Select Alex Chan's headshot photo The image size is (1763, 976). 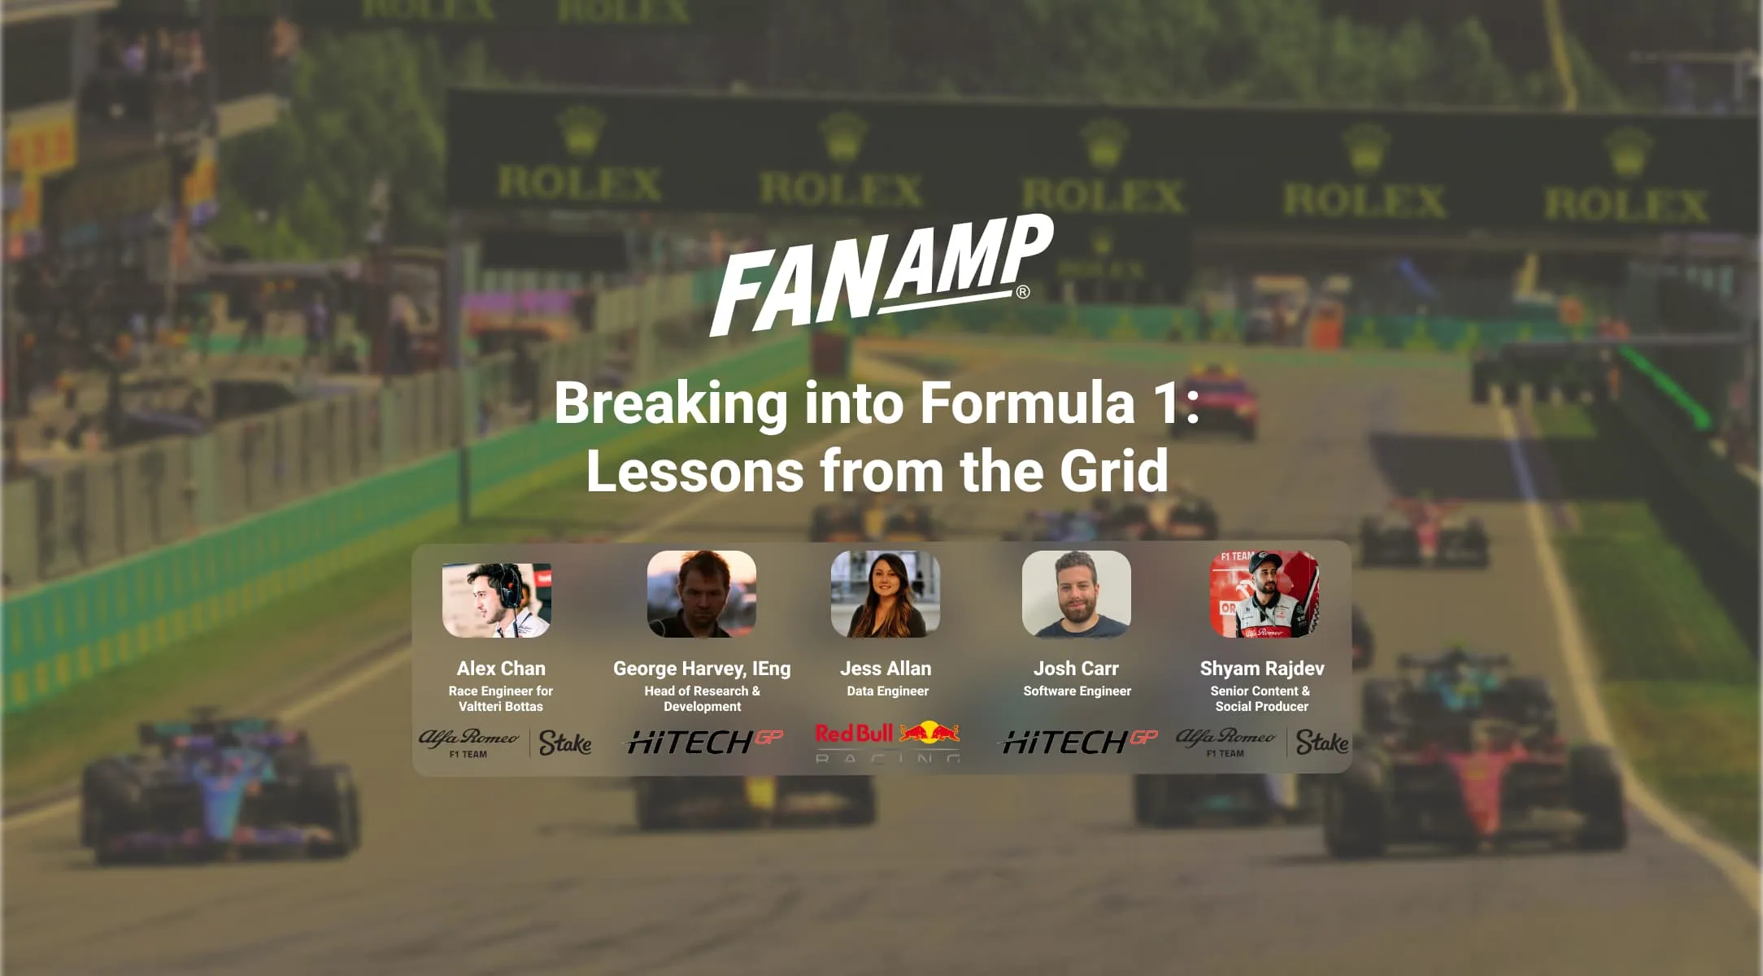(x=497, y=599)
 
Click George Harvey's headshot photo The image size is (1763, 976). (x=701, y=594)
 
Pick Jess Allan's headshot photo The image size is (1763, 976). (x=885, y=594)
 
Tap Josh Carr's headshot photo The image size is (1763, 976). (x=1076, y=594)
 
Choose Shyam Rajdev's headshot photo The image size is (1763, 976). (x=1264, y=595)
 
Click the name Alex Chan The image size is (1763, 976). (x=501, y=669)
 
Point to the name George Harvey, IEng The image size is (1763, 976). (x=701, y=669)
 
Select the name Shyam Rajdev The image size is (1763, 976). (x=1261, y=669)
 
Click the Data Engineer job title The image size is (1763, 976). (x=887, y=691)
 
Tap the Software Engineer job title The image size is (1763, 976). (x=1077, y=691)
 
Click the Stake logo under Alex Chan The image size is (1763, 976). (x=565, y=743)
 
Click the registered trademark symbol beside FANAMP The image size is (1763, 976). (x=1023, y=292)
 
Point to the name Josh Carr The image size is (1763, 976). (x=1076, y=669)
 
